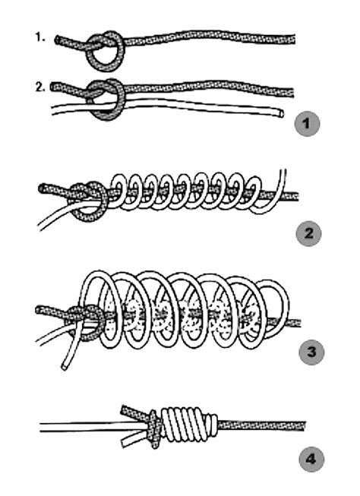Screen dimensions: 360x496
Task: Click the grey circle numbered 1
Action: (307, 124)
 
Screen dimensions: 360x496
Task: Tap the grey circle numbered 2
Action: (309, 234)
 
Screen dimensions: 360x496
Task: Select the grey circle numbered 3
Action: (311, 352)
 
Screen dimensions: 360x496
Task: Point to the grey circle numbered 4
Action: (311, 459)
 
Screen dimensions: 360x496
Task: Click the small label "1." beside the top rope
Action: (40, 38)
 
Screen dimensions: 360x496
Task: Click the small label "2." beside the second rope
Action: (40, 87)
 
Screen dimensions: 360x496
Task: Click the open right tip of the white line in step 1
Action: (281, 112)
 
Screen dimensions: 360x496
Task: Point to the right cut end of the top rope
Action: (294, 39)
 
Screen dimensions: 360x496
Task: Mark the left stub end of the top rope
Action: (57, 39)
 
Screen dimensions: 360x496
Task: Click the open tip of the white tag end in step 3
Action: (65, 368)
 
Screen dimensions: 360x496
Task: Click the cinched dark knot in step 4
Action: (153, 429)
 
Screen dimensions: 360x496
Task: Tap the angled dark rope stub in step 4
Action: (134, 412)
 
